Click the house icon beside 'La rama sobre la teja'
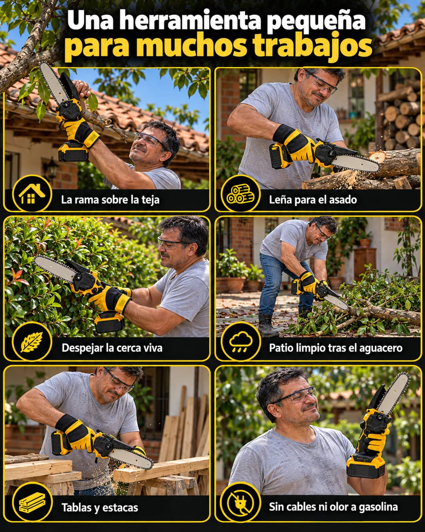31,194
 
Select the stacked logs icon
240,194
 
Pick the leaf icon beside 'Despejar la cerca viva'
31,342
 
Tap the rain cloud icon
241,341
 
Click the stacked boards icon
32,502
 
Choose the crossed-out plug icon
240,502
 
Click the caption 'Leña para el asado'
313,200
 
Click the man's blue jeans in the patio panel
281,284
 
